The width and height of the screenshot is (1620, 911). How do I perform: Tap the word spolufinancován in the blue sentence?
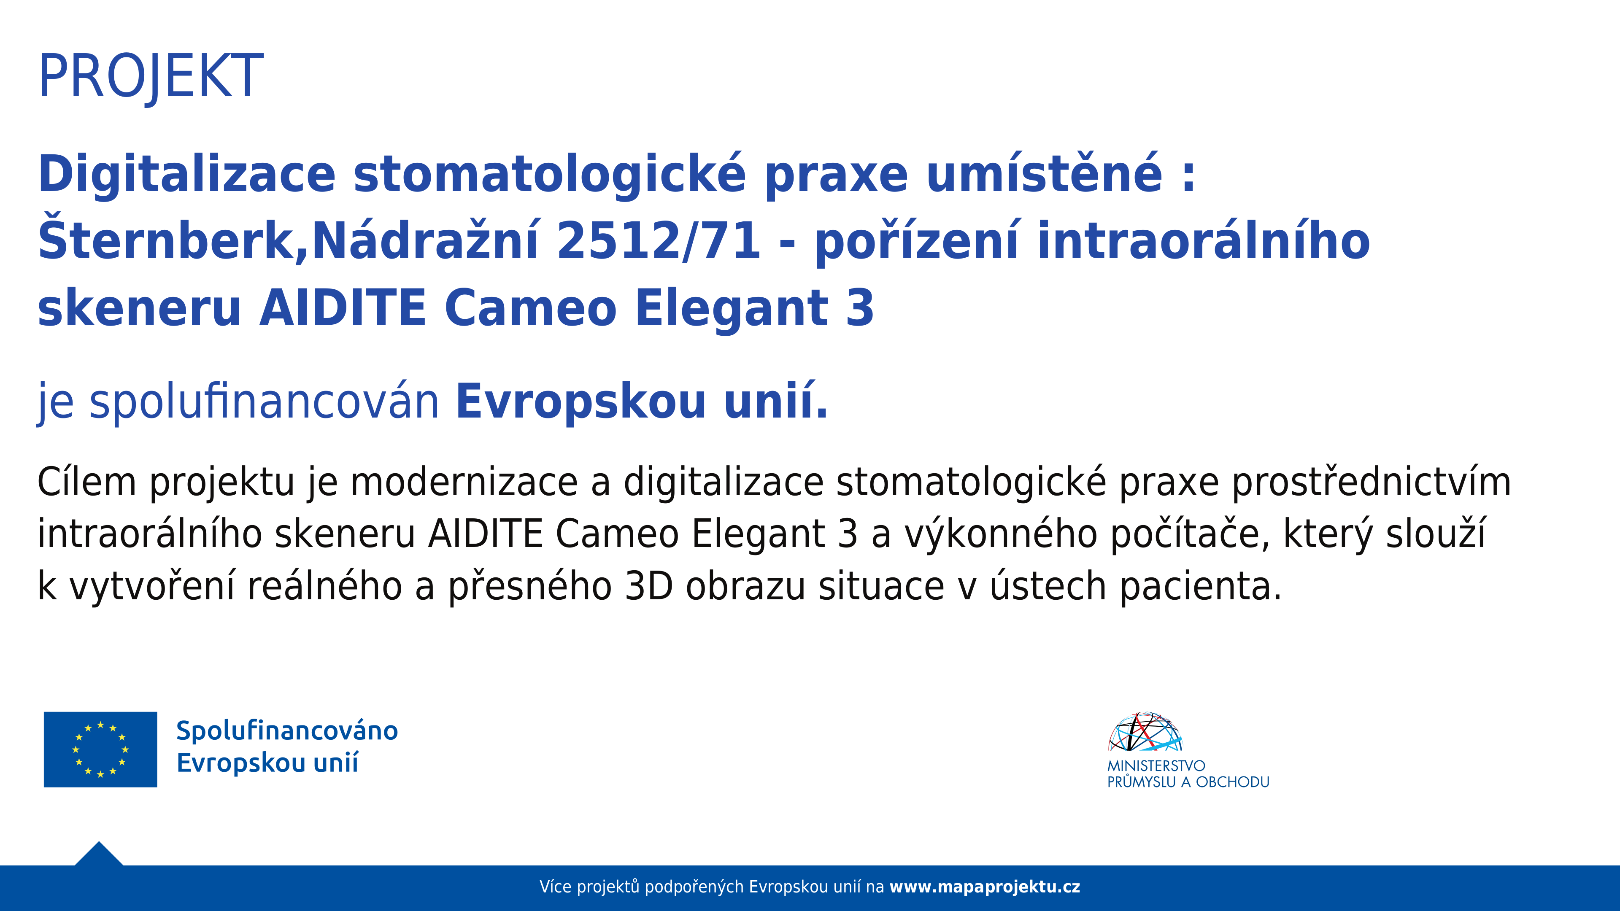click(x=264, y=402)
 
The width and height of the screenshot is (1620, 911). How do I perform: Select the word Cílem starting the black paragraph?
click(x=87, y=482)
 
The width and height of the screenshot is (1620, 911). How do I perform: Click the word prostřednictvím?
click(x=1371, y=482)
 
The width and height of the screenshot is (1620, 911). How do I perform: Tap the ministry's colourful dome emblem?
click(x=1145, y=732)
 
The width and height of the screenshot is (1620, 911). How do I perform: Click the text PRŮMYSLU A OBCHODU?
click(x=1188, y=782)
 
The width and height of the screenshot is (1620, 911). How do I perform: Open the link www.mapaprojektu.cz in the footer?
click(x=985, y=887)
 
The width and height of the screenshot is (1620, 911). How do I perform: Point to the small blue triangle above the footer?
click(x=99, y=855)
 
